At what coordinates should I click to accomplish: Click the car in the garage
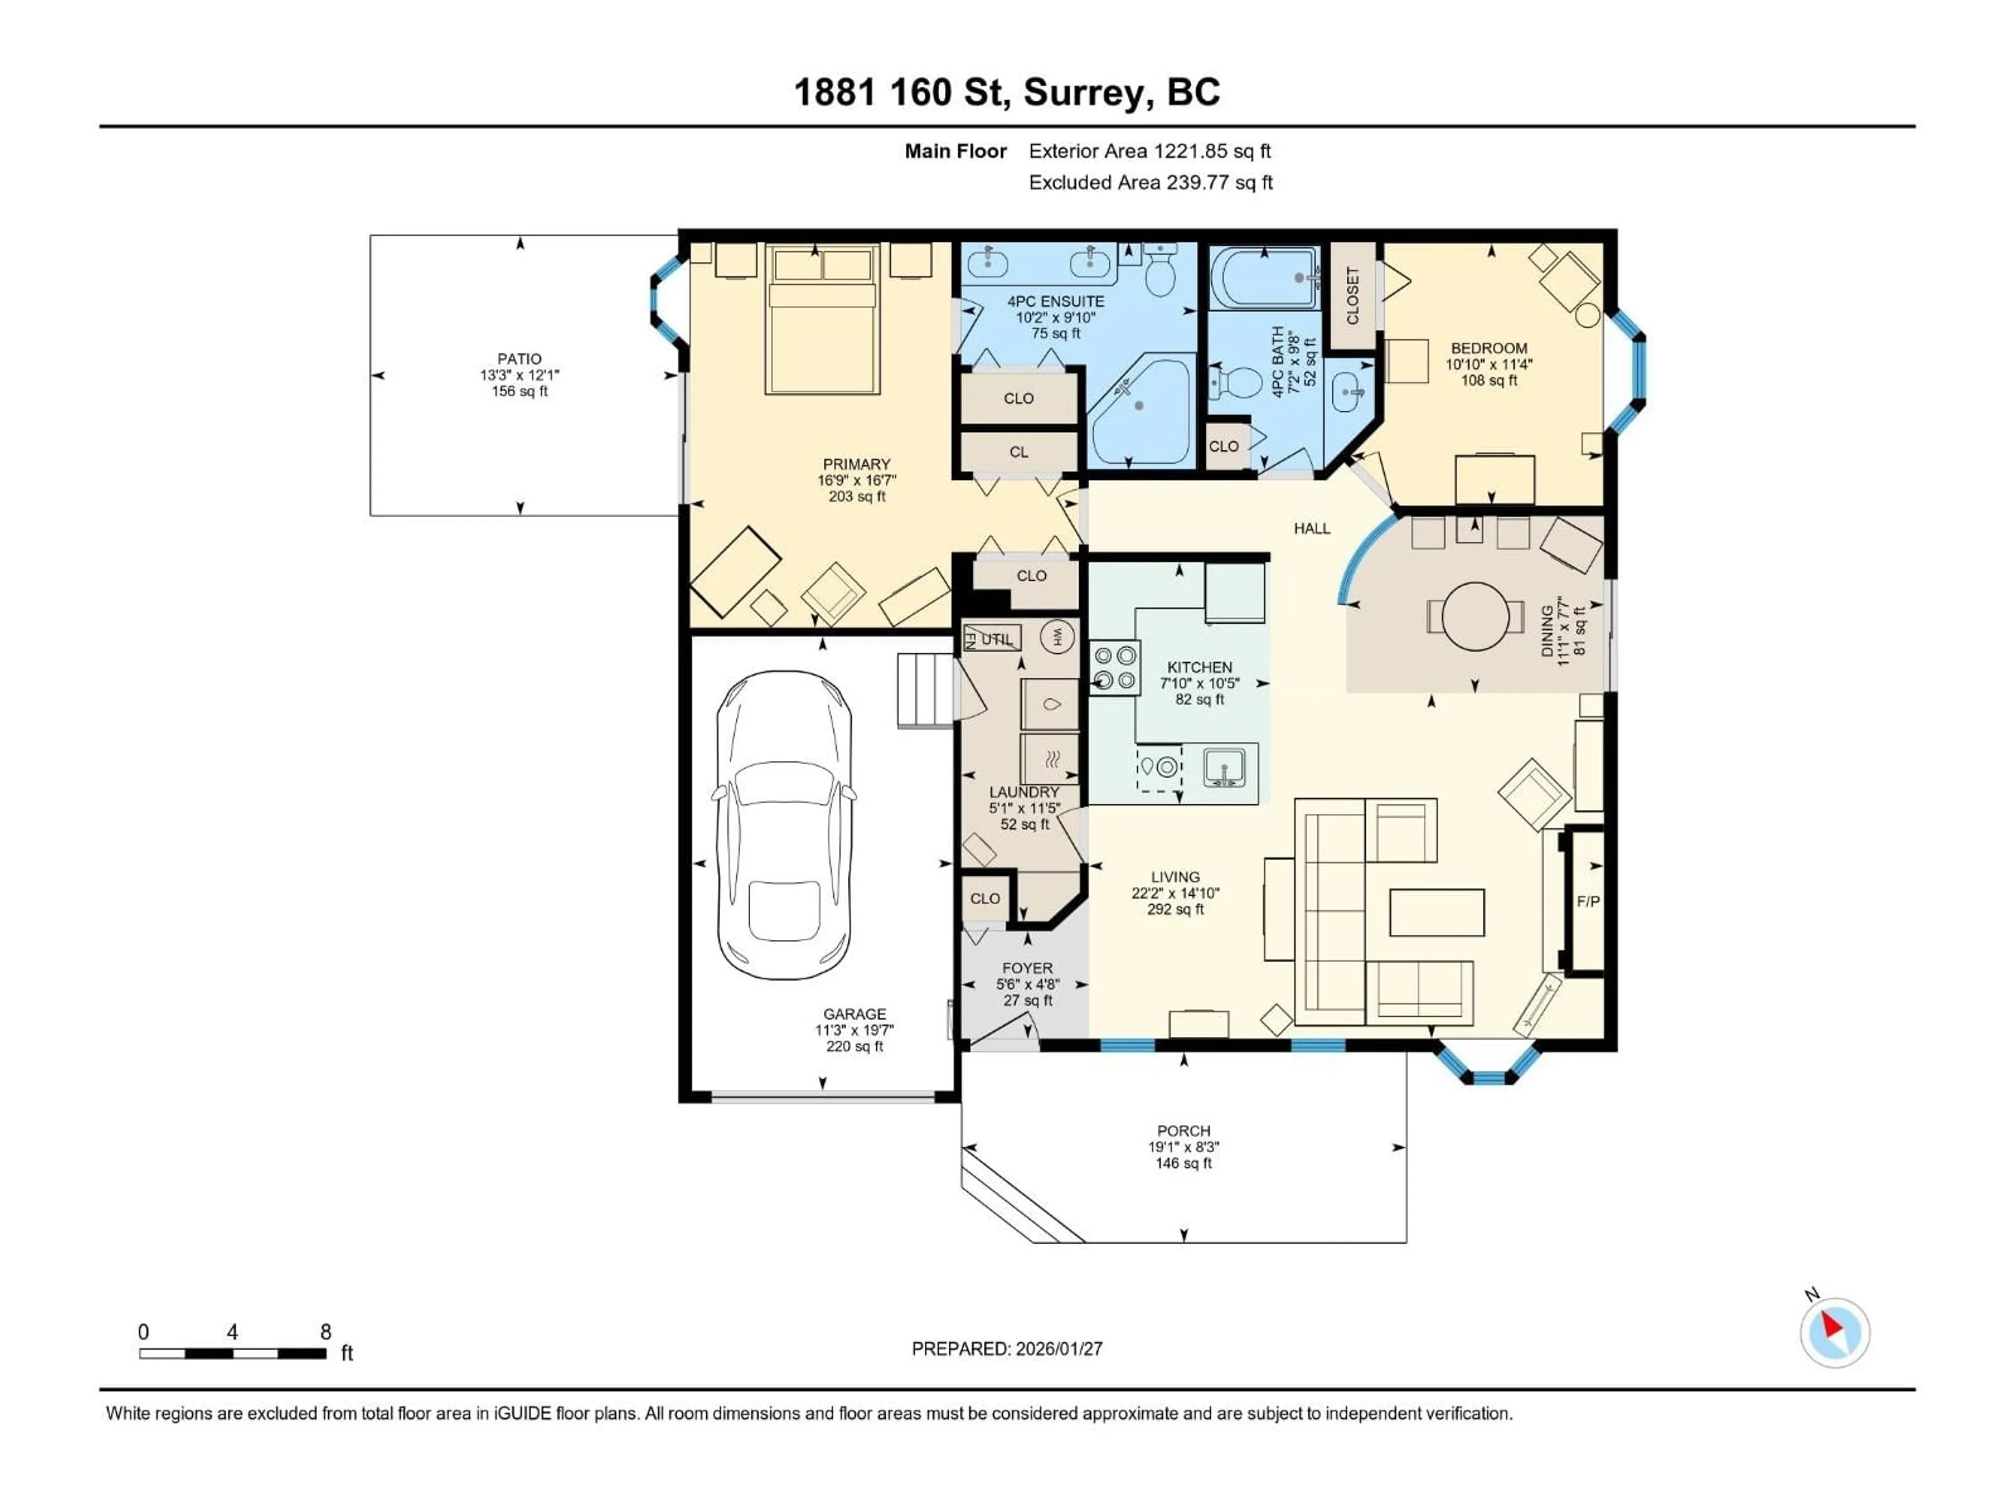(785, 825)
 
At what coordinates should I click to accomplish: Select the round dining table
(1476, 616)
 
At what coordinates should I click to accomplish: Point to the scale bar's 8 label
(325, 1331)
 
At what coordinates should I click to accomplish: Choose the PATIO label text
(520, 359)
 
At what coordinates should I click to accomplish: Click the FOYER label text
(1027, 969)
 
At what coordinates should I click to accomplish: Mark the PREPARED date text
(1007, 1349)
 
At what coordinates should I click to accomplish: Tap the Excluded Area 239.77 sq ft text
(1150, 182)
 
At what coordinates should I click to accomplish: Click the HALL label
(1311, 529)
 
